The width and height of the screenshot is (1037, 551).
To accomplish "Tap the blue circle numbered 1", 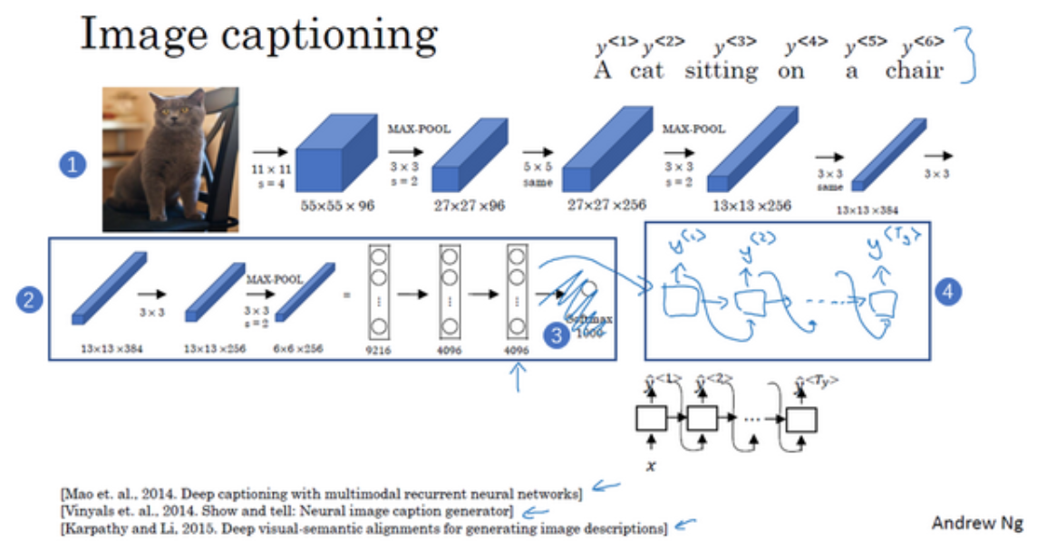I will pos(72,165).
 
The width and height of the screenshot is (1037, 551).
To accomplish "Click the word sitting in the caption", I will pos(721,71).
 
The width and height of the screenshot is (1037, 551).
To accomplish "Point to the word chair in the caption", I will pos(915,71).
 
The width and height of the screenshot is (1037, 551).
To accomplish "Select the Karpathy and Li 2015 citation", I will pos(362,527).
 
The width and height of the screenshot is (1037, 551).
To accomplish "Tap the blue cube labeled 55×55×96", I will pos(335,154).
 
